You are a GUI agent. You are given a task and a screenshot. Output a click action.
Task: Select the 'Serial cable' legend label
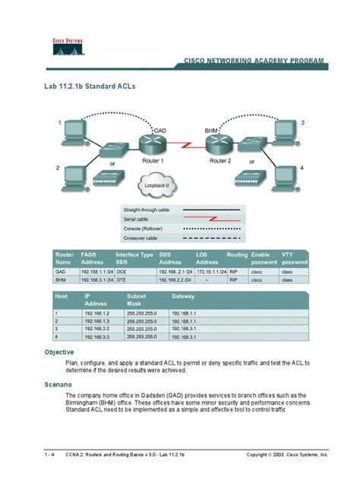coord(137,218)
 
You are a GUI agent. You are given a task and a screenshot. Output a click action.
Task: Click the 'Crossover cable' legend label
coord(141,238)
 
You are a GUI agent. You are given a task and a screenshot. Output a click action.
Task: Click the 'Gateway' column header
coord(183,295)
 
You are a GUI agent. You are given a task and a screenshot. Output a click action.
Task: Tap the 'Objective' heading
coord(58,352)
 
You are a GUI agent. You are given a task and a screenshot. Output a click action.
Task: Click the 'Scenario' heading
coord(58,385)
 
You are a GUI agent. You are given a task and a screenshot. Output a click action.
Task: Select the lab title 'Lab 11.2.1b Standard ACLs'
coord(90,87)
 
